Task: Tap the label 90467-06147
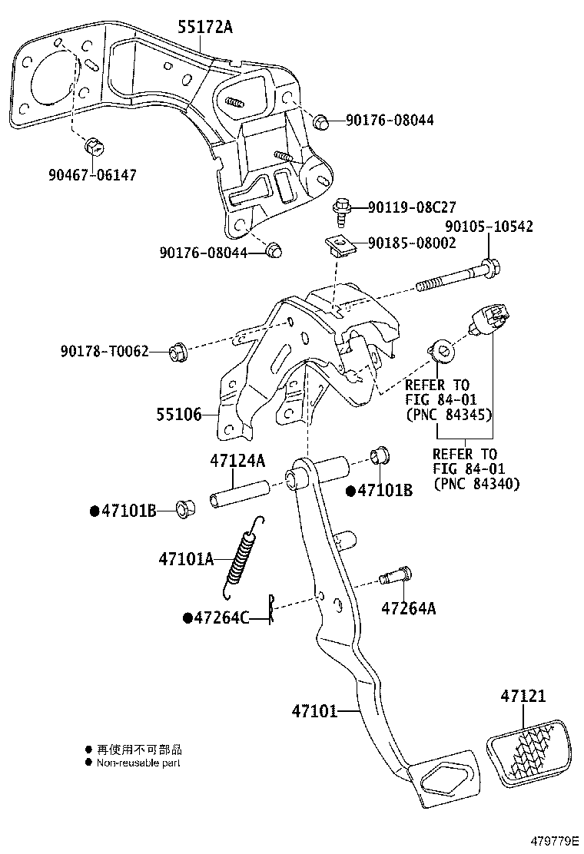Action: [91, 175]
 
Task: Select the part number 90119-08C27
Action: [412, 207]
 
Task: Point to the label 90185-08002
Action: [412, 243]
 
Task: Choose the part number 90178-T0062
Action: [104, 351]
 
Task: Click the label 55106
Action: [179, 415]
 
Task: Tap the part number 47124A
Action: [237, 461]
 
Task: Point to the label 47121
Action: [523, 696]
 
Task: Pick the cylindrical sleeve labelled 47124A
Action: [238, 492]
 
